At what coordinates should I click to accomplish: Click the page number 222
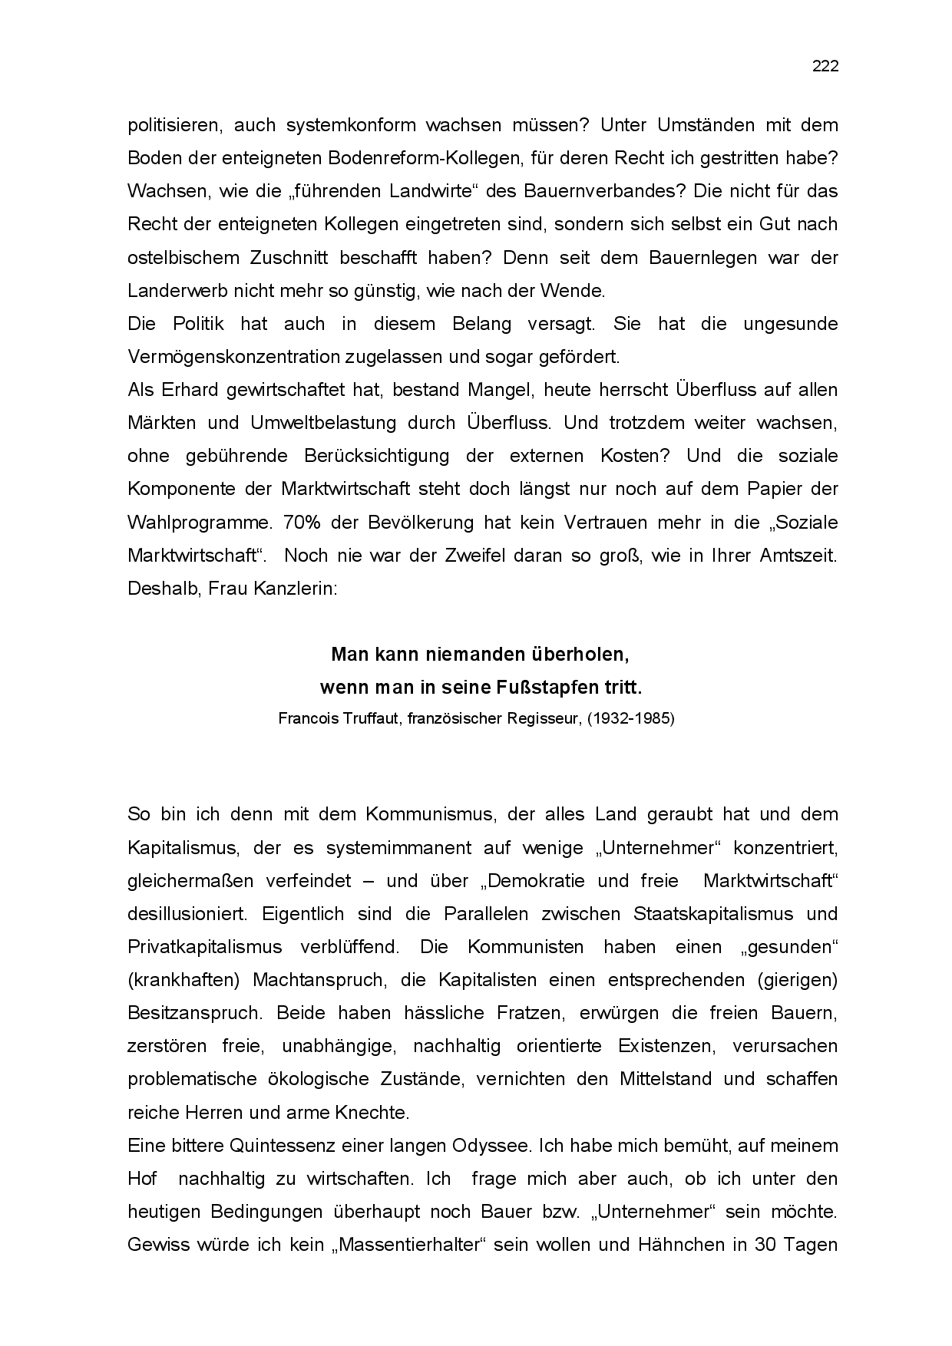(x=825, y=67)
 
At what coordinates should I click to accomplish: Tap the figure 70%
(x=300, y=523)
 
